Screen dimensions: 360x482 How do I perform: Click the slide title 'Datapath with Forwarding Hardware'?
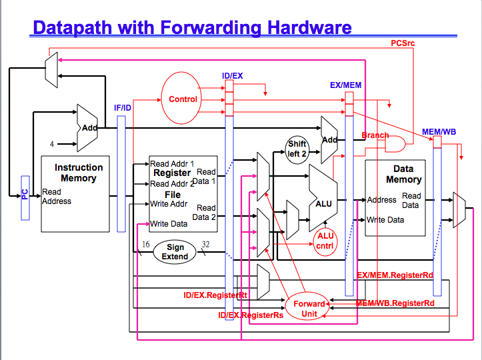click(192, 27)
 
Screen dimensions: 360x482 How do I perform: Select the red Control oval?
click(182, 99)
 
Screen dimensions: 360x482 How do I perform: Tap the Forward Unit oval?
click(309, 308)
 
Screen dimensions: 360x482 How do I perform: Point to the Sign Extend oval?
click(175, 252)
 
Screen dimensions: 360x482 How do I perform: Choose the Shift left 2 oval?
click(297, 149)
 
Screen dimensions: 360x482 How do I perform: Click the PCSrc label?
click(403, 43)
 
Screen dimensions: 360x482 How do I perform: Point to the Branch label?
click(375, 135)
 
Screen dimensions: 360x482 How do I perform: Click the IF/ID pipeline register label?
click(122, 107)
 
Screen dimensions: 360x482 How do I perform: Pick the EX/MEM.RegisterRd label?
click(395, 275)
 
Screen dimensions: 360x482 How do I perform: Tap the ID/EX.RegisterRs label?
click(251, 315)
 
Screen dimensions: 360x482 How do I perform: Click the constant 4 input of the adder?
click(52, 143)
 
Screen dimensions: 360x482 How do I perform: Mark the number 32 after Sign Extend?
click(205, 244)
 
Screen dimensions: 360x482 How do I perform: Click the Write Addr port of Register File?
click(168, 204)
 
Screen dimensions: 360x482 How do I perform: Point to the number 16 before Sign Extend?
click(145, 245)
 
